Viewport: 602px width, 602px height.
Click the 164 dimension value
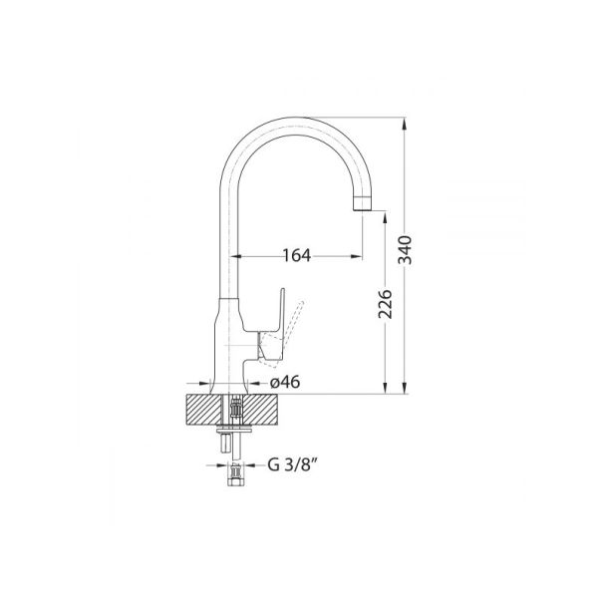(x=296, y=255)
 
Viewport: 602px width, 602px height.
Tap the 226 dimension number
(x=386, y=305)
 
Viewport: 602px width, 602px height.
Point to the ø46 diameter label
(x=286, y=381)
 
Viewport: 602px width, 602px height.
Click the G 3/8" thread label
(x=289, y=463)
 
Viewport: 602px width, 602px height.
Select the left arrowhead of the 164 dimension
(x=239, y=255)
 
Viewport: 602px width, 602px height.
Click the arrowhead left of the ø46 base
(x=207, y=381)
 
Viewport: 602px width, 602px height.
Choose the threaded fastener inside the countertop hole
(x=235, y=409)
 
